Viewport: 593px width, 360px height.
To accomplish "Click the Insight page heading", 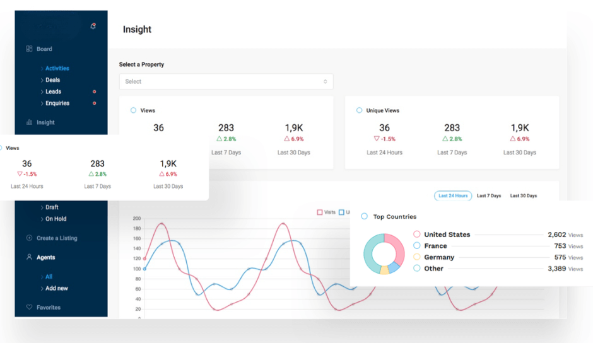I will pos(137,30).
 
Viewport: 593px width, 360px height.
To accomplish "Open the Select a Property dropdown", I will pos(226,81).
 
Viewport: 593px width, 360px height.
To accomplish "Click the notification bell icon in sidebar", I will pos(93,26).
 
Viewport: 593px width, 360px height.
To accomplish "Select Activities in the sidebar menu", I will pos(57,68).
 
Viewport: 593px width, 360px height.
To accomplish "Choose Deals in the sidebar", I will pos(52,80).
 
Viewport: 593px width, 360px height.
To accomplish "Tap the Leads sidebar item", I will pos(53,91).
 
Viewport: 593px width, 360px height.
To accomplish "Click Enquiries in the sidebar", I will pos(57,103).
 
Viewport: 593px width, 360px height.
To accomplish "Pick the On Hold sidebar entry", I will pos(56,219).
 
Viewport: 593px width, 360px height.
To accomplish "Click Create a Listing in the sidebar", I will pos(57,238).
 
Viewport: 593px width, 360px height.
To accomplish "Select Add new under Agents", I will pos(56,288).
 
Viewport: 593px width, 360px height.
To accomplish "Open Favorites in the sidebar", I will pos(48,308).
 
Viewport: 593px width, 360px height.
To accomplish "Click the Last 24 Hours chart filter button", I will pos(453,196).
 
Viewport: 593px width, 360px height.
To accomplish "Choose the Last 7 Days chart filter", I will pos(489,196).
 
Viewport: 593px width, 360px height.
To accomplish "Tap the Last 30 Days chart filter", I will pos(524,196).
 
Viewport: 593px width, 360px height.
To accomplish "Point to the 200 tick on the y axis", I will pos(136,219).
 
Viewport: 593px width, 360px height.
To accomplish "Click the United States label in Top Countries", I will pos(447,235).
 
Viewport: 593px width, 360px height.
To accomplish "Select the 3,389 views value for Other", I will pos(557,269).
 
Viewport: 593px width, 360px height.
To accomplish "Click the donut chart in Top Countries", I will pos(384,253).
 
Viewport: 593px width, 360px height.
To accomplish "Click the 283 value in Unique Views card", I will pos(452,127).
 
